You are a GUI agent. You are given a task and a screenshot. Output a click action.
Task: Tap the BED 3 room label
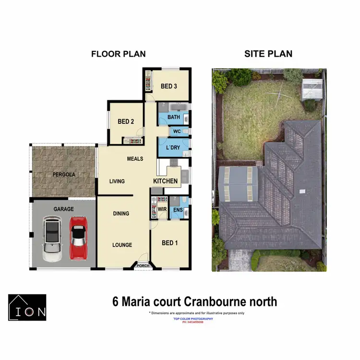pyautogui.click(x=169, y=86)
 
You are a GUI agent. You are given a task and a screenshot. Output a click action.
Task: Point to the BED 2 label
pyautogui.click(x=126, y=121)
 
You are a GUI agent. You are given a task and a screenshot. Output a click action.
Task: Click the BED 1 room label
pyautogui.click(x=169, y=243)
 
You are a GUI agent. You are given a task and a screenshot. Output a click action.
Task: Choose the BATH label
pyautogui.click(x=173, y=117)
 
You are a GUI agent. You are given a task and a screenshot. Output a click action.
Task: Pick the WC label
pyautogui.click(x=176, y=131)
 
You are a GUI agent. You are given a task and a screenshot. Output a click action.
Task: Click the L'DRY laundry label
pyautogui.click(x=173, y=147)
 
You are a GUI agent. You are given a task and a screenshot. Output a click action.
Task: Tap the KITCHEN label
pyautogui.click(x=165, y=181)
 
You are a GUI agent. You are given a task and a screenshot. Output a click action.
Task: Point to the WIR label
pyautogui.click(x=162, y=210)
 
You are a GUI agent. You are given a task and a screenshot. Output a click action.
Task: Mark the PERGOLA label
pyautogui.click(x=64, y=174)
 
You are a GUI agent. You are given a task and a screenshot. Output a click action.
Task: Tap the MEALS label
pyautogui.click(x=135, y=158)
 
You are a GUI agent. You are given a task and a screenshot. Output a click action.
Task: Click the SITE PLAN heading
pyautogui.click(x=268, y=54)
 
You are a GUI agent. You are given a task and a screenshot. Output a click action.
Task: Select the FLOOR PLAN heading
pyautogui.click(x=118, y=54)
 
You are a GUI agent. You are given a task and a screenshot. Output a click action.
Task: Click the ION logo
pyautogui.click(x=27, y=307)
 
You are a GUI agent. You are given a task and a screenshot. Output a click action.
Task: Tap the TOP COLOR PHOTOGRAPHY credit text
pyautogui.click(x=196, y=319)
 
